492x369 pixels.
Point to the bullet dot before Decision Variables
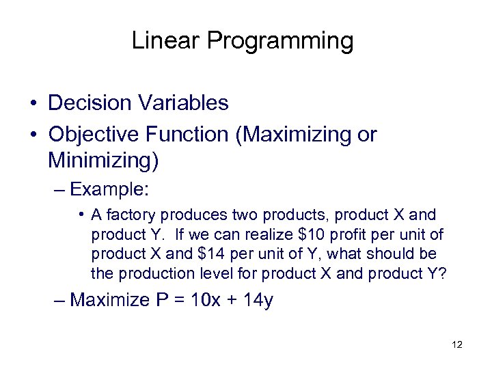(33, 104)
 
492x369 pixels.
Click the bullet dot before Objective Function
(33, 135)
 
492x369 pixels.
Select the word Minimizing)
(103, 161)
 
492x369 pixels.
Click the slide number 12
(457, 344)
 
